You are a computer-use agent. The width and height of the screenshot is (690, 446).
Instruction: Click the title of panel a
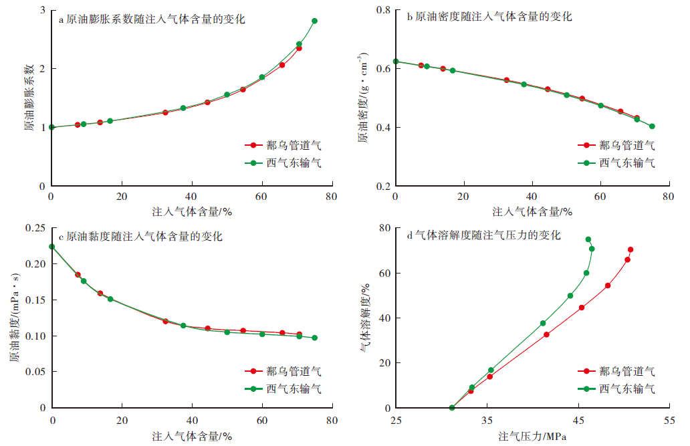(x=152, y=19)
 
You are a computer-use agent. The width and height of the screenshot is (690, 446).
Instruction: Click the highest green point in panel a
(x=314, y=21)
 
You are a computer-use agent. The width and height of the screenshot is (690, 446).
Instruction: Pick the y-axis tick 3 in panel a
(x=43, y=11)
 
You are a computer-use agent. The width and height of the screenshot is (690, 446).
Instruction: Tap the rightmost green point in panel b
(x=652, y=126)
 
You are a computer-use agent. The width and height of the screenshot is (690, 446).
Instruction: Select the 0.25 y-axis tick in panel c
(x=35, y=228)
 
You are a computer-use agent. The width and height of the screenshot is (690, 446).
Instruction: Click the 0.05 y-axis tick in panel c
(x=35, y=372)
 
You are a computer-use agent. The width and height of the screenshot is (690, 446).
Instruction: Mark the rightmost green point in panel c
(x=314, y=338)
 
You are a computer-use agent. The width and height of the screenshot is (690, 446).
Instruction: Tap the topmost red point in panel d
(x=630, y=249)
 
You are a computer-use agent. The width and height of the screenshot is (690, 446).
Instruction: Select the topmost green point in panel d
(x=588, y=239)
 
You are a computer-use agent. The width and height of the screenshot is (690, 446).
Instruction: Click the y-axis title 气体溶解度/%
(x=366, y=317)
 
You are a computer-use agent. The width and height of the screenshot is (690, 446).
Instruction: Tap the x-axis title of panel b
(x=532, y=212)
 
